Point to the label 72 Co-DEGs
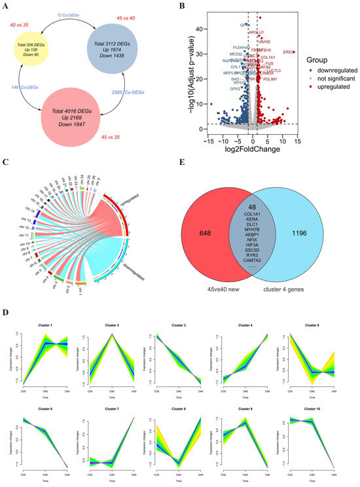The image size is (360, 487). (68, 13)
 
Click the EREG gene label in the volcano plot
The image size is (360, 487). (288, 51)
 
